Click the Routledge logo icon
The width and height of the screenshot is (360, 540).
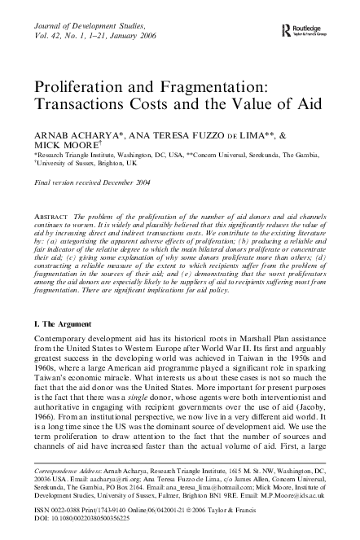(284, 30)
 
